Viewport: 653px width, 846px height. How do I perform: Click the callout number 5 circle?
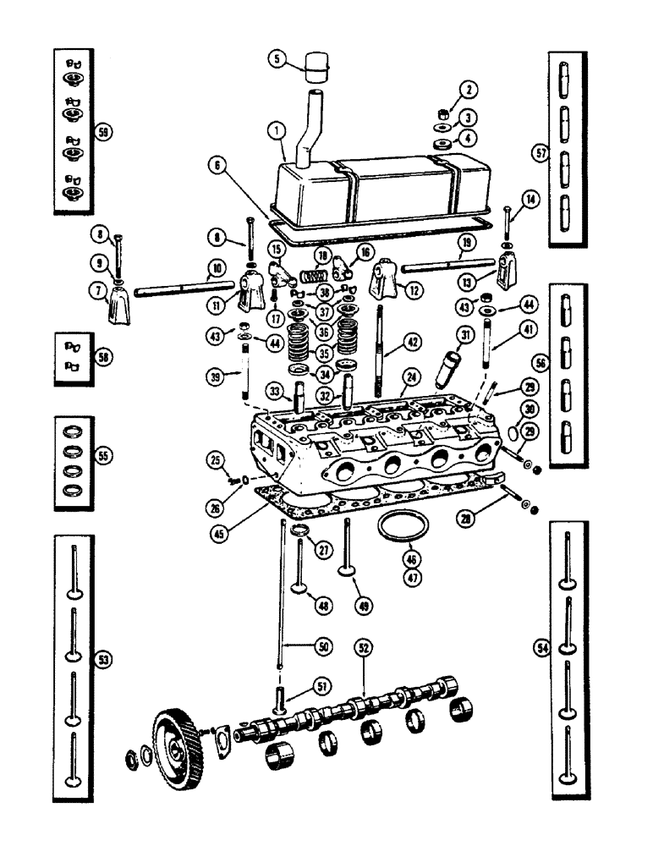(x=277, y=58)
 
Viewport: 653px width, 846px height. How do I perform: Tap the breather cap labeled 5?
(x=317, y=64)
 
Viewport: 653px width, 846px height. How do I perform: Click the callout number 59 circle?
(x=104, y=133)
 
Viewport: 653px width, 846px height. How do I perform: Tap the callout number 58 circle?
(x=104, y=359)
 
